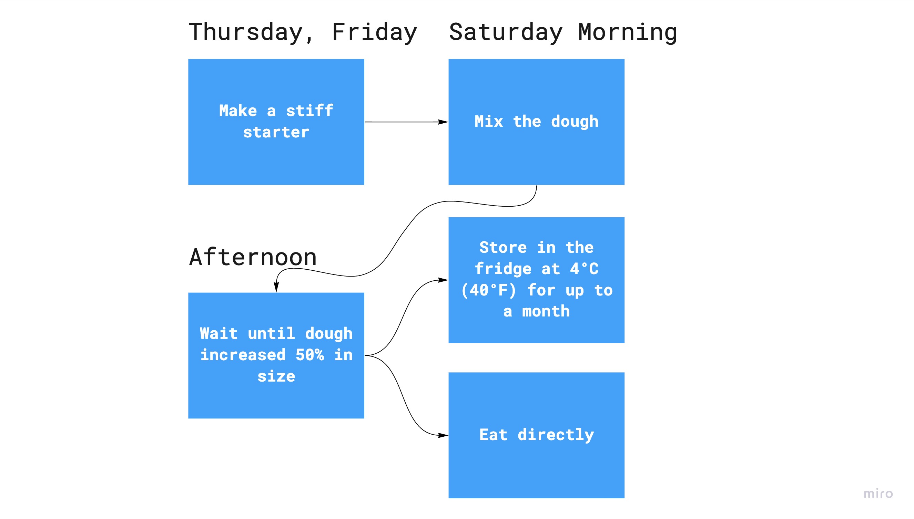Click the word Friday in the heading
pos(374,32)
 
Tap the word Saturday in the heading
pos(506,32)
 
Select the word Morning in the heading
pos(628,32)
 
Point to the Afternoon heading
pos(253,257)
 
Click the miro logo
pos(878,494)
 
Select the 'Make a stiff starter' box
pos(276,122)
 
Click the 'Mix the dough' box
pos(536,122)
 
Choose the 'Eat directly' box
pos(536,435)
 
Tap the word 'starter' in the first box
pos(276,133)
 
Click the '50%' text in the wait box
pos(310,355)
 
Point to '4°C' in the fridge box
pos(585,269)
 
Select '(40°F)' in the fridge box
pos(489,290)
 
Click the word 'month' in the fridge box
pos(546,312)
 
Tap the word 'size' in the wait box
pos(276,376)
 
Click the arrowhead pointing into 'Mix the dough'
pos(443,122)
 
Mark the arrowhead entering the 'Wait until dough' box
pos(276,287)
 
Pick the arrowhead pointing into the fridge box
pos(443,280)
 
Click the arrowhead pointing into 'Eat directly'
pos(443,435)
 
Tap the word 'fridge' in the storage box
pos(503,269)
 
